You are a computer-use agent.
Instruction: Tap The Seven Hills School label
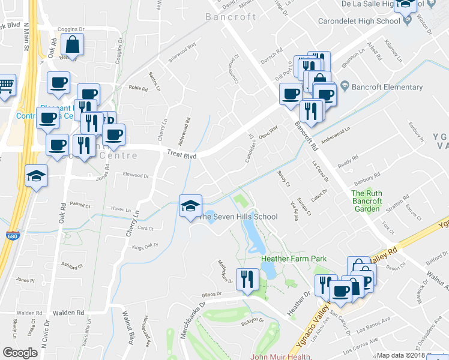click(238, 217)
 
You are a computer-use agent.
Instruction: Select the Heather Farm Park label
click(294, 259)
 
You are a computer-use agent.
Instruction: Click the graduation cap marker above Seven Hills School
click(190, 206)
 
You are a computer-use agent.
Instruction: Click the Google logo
click(20, 353)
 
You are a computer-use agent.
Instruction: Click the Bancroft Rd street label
click(306, 136)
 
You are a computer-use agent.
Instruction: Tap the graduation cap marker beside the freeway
click(36, 176)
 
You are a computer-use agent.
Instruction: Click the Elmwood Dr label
click(135, 176)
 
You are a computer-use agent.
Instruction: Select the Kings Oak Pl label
click(144, 245)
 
